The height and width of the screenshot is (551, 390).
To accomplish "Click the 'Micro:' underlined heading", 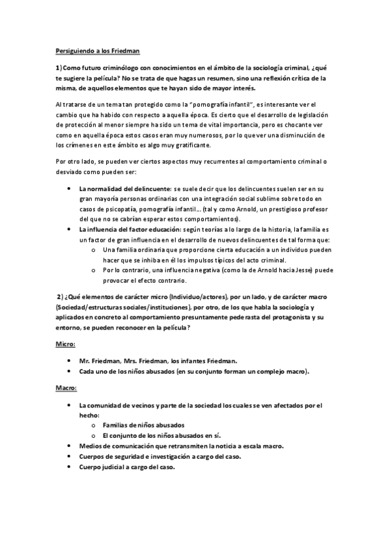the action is click(65, 343).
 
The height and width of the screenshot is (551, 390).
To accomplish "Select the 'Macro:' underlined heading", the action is click(66, 389).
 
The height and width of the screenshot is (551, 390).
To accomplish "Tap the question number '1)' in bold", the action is click(59, 68).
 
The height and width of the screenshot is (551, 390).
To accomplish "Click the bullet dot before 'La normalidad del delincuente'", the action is click(70, 187).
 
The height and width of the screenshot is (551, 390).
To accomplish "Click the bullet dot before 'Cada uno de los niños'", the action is click(70, 371).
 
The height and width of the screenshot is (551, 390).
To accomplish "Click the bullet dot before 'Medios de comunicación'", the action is click(70, 446).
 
